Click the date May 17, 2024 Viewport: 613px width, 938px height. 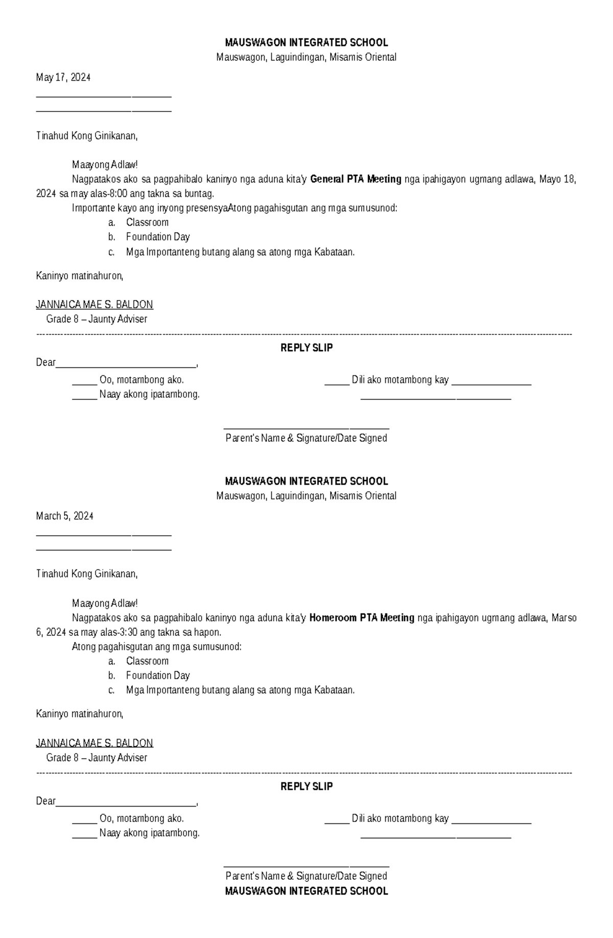pos(63,78)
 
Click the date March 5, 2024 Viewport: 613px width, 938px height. pos(64,516)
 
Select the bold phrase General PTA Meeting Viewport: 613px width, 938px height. pos(356,179)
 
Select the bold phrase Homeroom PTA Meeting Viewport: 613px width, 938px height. pos(362,618)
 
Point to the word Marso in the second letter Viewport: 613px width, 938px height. pos(564,618)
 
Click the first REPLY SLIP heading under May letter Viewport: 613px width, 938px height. pos(306,348)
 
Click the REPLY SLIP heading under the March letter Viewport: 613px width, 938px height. pos(306,787)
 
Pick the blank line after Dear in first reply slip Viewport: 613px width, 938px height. pos(126,365)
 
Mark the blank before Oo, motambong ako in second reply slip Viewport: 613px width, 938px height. pos(84,821)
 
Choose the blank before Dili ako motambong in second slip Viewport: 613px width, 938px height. pos(337,821)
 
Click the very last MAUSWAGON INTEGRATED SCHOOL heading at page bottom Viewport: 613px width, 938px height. pos(306,891)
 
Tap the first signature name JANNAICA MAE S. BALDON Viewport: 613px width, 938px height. pos(94,305)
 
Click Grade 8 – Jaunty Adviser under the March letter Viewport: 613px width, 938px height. pos(97,758)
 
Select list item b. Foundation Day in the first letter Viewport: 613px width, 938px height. pos(157,237)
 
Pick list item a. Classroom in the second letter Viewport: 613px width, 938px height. pos(147,661)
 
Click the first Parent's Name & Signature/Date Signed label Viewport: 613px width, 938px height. pos(306,438)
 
